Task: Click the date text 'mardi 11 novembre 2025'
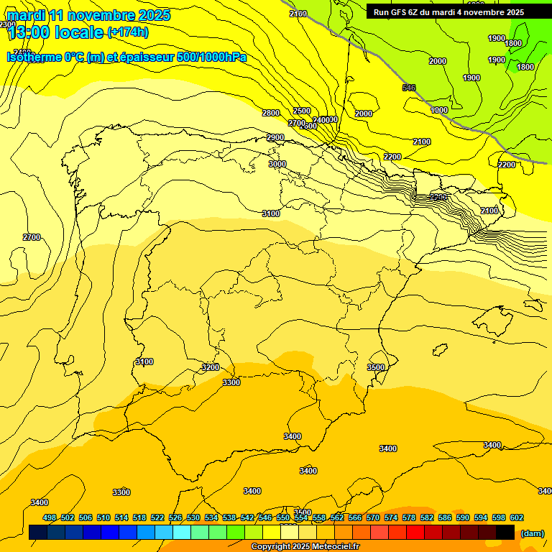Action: tap(88, 15)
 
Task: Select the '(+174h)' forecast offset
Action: tap(128, 32)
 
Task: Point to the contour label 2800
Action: tap(271, 114)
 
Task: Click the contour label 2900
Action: tap(275, 138)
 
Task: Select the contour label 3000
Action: tap(277, 164)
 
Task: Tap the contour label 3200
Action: tap(211, 367)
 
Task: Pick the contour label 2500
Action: tap(302, 111)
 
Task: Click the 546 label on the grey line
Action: tap(409, 88)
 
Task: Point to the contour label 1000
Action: tap(439, 110)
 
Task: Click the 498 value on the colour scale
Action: tap(50, 517)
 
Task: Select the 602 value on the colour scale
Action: tap(517, 517)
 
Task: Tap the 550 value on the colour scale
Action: tap(283, 517)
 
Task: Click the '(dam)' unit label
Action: tap(532, 533)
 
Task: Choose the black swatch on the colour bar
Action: tap(505, 533)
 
